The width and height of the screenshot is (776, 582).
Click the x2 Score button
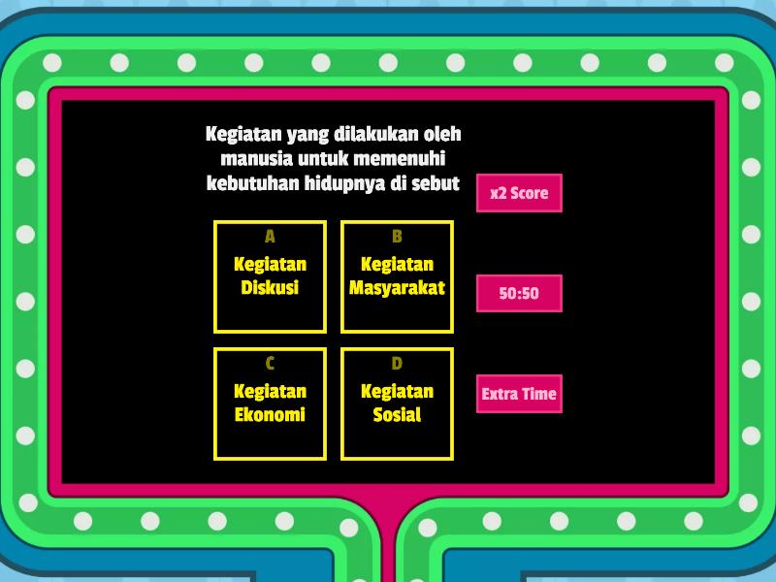coord(519,193)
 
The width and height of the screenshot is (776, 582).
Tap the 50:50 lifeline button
coord(519,294)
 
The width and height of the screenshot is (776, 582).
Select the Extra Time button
coord(519,394)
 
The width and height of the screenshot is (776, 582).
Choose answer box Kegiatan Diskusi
coord(271,276)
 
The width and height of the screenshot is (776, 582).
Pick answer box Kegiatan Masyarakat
coord(398,276)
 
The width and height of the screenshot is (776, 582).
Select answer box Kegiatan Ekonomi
coord(271,404)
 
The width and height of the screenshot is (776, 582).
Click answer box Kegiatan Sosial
coord(398,404)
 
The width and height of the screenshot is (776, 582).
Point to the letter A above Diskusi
coord(270,237)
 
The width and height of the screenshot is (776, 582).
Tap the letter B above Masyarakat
coord(397,237)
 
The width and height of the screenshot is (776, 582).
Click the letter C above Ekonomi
coord(270,364)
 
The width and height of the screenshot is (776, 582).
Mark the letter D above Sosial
coord(397,364)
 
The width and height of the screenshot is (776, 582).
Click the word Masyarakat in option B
coord(397,288)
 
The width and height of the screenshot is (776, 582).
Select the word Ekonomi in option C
coord(270,415)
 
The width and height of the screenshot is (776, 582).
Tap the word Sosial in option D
coord(397,415)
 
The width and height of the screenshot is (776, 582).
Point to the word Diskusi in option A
coord(270,287)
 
